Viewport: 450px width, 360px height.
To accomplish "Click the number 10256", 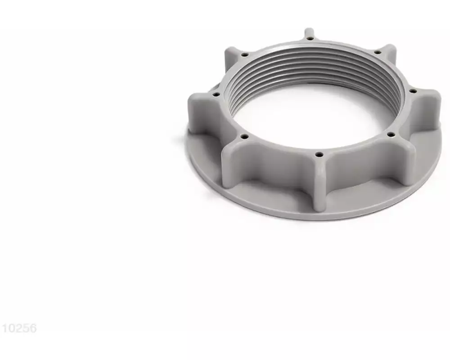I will [18, 329].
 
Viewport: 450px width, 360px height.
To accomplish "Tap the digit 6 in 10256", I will [33, 329].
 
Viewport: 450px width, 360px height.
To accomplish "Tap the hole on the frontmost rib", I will [319, 154].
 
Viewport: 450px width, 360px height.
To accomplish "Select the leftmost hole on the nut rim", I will [215, 94].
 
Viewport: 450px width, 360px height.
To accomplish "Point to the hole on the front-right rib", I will [390, 134].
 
